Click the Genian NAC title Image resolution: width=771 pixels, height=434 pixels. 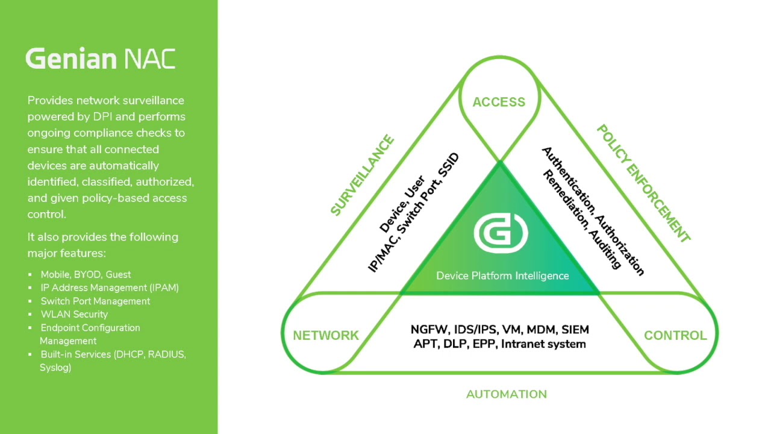[x=101, y=59]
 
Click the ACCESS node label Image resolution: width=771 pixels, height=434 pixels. [x=499, y=102]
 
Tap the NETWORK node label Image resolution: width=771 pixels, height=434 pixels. [x=326, y=335]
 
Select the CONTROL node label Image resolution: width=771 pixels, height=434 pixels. [x=675, y=335]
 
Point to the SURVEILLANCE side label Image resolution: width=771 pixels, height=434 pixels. [x=363, y=175]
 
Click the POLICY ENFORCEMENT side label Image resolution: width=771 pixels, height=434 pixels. [x=643, y=184]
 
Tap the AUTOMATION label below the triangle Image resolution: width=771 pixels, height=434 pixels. [x=507, y=394]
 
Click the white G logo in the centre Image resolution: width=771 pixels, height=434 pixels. [x=501, y=233]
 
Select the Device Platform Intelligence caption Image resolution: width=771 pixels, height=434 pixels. [x=502, y=275]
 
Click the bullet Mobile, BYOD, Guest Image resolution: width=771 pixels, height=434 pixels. [x=86, y=274]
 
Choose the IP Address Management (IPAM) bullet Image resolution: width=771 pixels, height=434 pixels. [x=110, y=288]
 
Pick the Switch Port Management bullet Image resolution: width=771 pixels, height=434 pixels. [x=95, y=301]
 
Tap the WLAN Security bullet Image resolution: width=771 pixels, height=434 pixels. [x=74, y=314]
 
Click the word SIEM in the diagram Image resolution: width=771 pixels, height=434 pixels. [x=575, y=330]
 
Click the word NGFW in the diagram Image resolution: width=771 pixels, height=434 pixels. [x=429, y=330]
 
